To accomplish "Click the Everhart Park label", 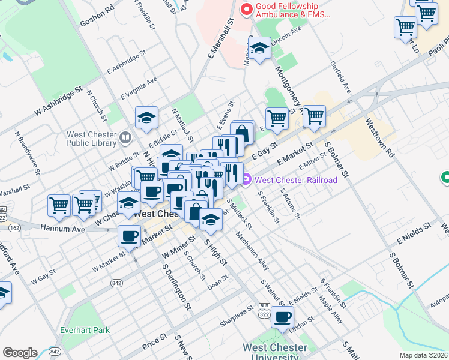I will point(85,329).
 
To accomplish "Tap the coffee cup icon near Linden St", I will point(282,317).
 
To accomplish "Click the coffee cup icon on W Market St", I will point(129,236).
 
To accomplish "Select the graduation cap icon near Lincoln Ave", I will point(260,48).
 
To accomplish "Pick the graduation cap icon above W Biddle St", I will point(146,118).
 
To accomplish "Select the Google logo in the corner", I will point(20,353).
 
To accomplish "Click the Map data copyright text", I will point(424,355).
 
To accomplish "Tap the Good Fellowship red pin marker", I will point(246,10).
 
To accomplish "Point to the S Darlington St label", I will point(176,287).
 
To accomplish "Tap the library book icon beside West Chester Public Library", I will point(125,138).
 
